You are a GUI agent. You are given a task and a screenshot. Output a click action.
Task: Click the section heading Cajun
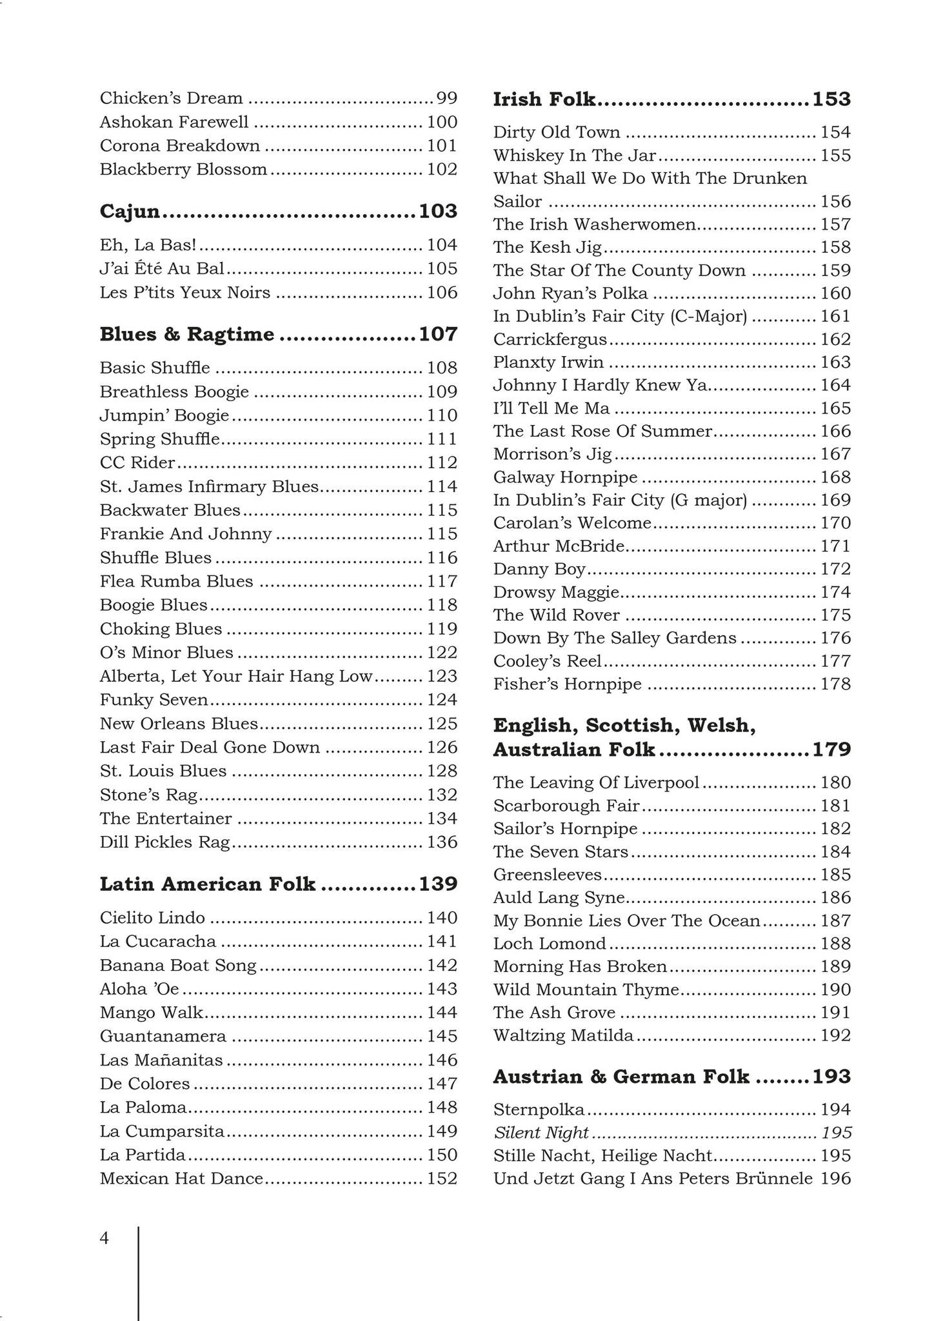[130, 212]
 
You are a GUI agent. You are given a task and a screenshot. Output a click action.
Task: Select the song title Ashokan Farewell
[174, 122]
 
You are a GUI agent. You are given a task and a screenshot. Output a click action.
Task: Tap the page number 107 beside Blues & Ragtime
[438, 334]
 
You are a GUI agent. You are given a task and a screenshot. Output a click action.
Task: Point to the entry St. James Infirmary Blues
[210, 486]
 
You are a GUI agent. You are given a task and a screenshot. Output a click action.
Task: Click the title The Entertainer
[166, 819]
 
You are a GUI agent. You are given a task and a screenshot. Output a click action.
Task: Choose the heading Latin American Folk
[208, 884]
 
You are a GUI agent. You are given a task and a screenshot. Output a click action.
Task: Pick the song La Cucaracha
[158, 941]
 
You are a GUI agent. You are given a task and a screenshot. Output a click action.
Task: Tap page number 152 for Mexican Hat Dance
[442, 1178]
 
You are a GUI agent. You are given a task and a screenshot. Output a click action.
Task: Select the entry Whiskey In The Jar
[575, 155]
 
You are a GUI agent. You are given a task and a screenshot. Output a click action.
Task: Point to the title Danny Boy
[539, 569]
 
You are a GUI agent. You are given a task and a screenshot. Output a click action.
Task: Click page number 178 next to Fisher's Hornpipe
[836, 684]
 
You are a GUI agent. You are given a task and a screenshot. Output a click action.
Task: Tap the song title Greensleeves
[548, 875]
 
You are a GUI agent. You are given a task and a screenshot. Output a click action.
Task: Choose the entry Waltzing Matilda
[564, 1035]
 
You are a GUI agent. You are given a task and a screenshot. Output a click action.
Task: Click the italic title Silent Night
[541, 1133]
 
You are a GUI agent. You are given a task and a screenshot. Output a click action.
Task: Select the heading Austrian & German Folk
[621, 1077]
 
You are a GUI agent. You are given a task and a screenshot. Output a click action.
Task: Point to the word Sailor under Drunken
[517, 202]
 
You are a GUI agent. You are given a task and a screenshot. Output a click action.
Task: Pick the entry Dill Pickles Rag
[165, 842]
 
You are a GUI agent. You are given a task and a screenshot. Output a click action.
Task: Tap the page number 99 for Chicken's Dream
[447, 99]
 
